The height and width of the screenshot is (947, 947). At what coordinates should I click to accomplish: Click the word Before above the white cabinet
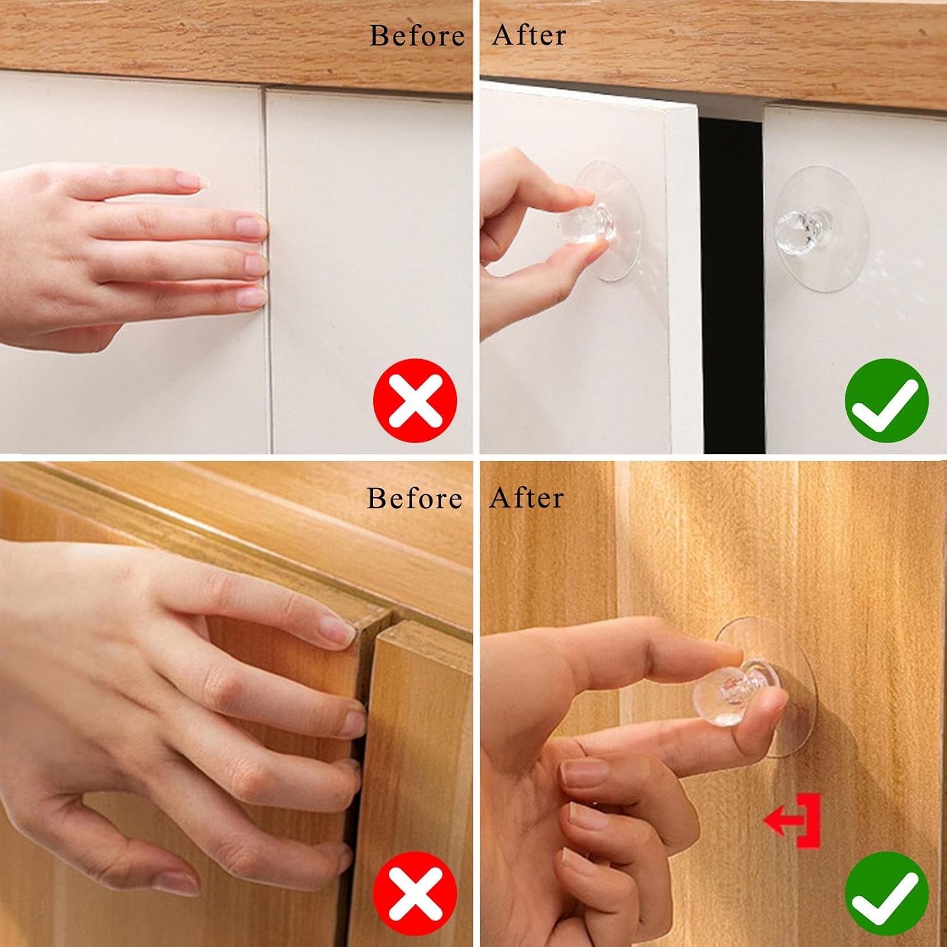[x=417, y=35]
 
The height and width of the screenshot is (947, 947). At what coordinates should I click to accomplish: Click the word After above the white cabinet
[x=529, y=35]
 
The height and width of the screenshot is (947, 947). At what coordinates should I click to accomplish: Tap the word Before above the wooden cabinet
[x=415, y=498]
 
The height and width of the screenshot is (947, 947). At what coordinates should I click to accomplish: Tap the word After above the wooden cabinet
[x=527, y=497]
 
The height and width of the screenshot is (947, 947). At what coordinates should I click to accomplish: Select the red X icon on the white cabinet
[x=415, y=400]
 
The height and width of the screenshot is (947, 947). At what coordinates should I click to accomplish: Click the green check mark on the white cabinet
[x=886, y=400]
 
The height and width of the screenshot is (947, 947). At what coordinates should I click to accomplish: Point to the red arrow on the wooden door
[x=792, y=821]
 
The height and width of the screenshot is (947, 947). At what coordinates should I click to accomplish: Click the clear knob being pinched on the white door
[x=587, y=225]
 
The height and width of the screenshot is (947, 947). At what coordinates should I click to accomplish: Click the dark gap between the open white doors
[x=732, y=284]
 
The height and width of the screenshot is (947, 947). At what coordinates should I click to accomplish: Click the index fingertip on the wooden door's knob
[x=726, y=653]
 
